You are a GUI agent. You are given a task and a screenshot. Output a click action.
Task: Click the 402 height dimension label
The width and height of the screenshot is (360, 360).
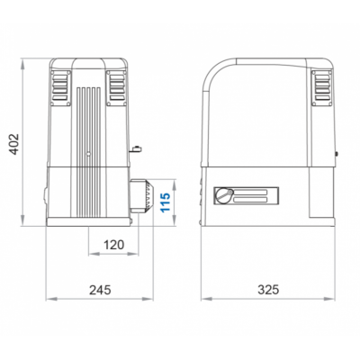(x=14, y=144)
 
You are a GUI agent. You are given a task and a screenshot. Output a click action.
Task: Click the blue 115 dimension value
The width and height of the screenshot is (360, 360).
(x=166, y=202)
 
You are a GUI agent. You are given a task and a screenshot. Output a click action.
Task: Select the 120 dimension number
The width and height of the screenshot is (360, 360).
(x=113, y=245)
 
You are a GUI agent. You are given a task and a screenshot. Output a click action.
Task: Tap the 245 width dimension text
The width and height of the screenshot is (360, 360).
(x=100, y=290)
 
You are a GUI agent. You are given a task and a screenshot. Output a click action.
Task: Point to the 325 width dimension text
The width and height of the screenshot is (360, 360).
(x=268, y=290)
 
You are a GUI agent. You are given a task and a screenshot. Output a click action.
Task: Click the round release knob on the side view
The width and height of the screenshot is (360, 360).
(x=224, y=195)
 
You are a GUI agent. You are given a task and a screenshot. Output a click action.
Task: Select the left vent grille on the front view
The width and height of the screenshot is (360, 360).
(x=60, y=88)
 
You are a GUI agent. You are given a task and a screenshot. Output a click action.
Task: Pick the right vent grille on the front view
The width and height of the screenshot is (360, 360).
(x=117, y=88)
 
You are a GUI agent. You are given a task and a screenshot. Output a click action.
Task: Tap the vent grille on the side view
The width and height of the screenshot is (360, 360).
(x=322, y=88)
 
